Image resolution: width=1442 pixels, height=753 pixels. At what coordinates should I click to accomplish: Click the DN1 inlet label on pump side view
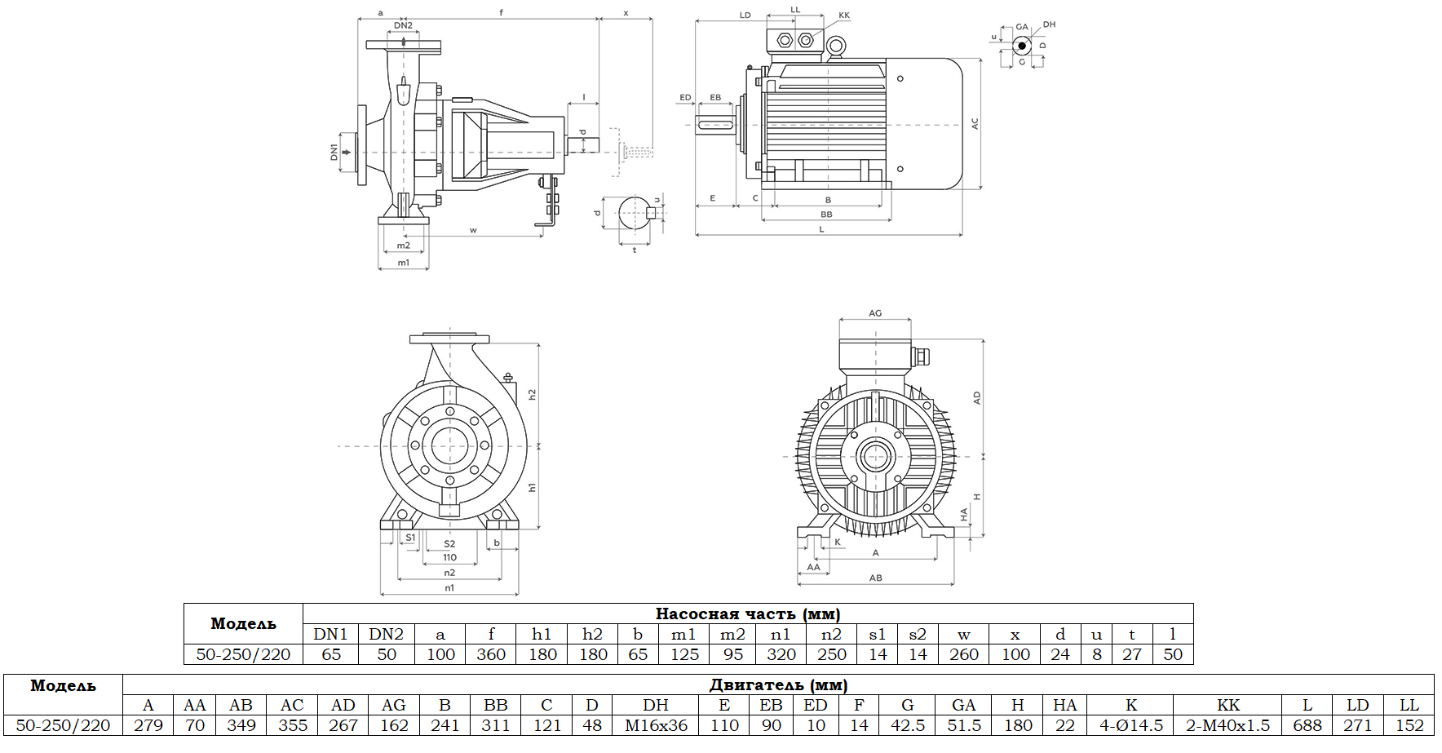pos(334,152)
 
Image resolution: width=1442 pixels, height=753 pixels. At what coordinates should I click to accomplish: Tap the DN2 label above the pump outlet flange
pos(403,25)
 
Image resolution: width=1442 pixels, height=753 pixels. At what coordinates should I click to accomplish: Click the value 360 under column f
pos(491,654)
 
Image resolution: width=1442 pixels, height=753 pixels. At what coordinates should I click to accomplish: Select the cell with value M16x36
pos(656,725)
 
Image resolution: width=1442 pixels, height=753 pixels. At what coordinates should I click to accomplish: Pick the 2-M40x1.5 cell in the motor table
pos(1227,725)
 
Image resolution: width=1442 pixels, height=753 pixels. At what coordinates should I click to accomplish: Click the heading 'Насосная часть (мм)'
pos(747,614)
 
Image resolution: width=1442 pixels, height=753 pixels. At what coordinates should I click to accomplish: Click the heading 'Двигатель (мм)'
pos(778,685)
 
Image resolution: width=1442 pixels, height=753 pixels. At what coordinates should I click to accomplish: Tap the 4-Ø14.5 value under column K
pos(1131,725)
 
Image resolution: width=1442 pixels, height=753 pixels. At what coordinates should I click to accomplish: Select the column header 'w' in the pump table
pos(963,635)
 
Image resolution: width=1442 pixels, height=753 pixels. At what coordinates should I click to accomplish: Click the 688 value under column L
pos(1307,725)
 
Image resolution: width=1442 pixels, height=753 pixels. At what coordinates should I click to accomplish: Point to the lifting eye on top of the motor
pos(834,48)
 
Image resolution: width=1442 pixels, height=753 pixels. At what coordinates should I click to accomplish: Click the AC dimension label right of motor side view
pos(975,124)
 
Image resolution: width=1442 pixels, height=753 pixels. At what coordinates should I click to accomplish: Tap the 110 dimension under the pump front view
pos(449,558)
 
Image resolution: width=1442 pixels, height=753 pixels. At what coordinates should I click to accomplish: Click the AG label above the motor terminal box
pos(875,313)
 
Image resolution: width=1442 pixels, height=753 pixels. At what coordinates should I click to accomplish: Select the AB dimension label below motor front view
pos(875,578)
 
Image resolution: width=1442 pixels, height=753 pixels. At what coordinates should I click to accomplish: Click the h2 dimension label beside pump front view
pos(532,394)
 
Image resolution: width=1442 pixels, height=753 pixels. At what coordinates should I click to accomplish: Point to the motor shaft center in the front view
pos(875,456)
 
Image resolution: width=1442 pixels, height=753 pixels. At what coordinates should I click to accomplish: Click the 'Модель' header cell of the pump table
pos(243,624)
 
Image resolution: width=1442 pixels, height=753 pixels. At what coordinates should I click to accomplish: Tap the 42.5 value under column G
pos(907,725)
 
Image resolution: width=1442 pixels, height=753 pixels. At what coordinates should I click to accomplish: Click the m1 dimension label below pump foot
pos(403,263)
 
